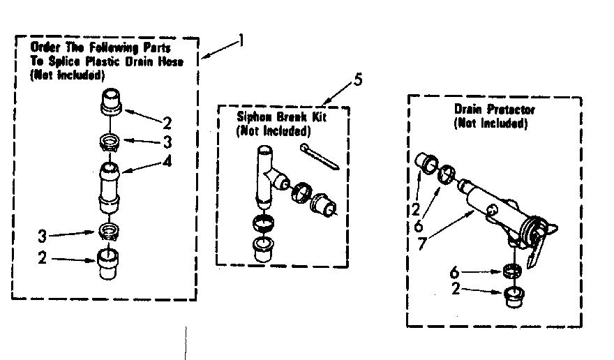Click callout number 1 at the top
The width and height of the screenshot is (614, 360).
241,40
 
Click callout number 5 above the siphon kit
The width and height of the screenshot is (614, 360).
357,80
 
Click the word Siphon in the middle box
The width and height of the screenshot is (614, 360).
254,117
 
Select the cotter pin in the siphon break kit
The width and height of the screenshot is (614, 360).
318,156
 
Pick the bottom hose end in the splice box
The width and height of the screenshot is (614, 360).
107,264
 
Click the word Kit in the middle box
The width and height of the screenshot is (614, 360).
319,117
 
